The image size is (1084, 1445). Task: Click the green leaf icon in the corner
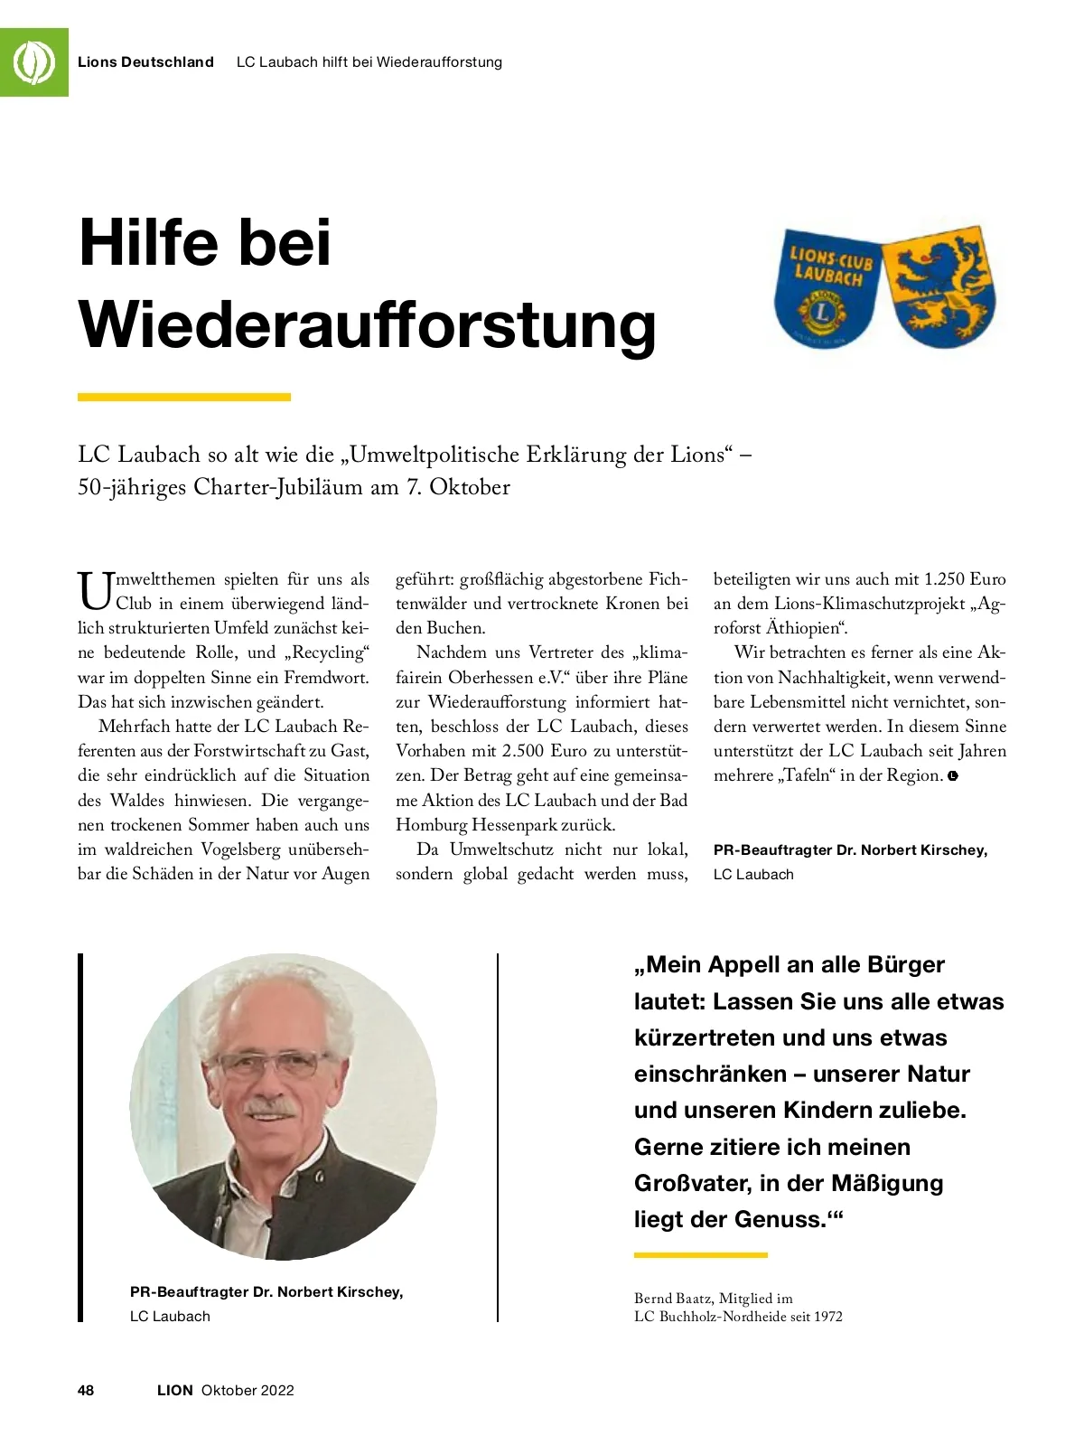coord(33,61)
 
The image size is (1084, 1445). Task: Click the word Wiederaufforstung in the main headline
coord(368,325)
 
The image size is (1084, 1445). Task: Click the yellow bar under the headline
coord(184,397)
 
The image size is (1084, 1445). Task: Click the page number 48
coord(86,1390)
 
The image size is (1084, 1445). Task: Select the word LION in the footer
coord(175,1390)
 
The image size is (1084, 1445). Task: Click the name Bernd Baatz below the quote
coord(673,1299)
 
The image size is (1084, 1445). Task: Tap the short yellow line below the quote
coord(700,1255)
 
